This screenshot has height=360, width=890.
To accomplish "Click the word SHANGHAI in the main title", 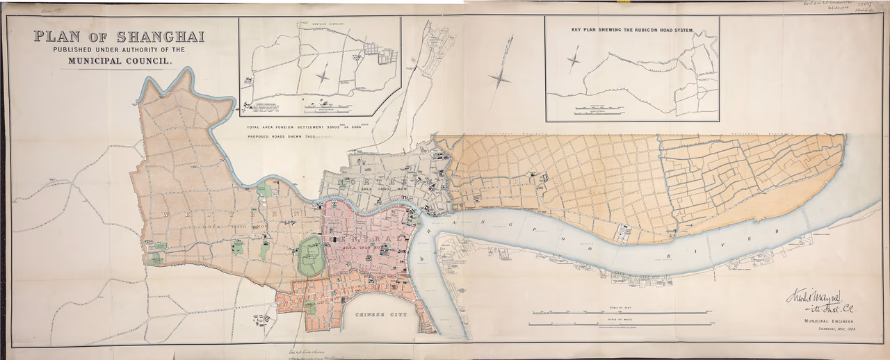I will (160, 37).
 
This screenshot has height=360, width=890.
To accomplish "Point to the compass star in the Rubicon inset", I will (574, 59).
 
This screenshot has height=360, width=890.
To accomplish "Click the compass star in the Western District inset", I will (323, 74).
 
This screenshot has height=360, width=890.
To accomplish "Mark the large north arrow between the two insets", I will (499, 78).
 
